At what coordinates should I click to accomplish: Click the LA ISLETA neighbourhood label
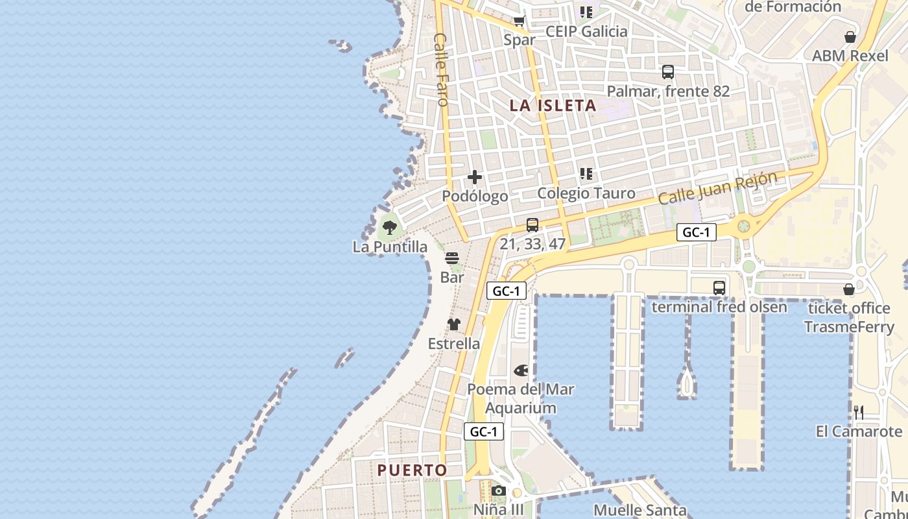[x=553, y=105]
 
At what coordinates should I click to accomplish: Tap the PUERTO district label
[x=412, y=470]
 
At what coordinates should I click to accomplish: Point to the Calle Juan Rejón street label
[x=717, y=187]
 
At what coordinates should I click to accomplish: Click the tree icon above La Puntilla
[x=389, y=227]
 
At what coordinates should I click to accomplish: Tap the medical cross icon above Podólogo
[x=475, y=176]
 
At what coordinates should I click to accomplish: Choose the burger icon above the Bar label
[x=452, y=258]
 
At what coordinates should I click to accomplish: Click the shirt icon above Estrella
[x=453, y=324]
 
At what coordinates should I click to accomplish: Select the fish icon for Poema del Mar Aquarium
[x=521, y=370]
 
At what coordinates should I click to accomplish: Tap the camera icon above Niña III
[x=498, y=490]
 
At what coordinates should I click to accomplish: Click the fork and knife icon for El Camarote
[x=859, y=412]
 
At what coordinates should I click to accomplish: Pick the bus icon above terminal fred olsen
[x=719, y=288]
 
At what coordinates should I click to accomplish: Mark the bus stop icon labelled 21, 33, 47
[x=532, y=225]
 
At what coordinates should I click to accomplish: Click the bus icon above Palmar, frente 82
[x=668, y=72]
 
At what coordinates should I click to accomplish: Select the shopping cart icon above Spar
[x=520, y=21]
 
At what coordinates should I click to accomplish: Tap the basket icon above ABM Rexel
[x=850, y=37]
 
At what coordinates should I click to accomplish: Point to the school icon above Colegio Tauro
[x=586, y=174]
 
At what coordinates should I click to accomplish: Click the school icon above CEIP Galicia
[x=586, y=12]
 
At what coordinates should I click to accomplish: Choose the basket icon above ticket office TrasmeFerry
[x=849, y=289]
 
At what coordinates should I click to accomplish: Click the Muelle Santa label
[x=640, y=510]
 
